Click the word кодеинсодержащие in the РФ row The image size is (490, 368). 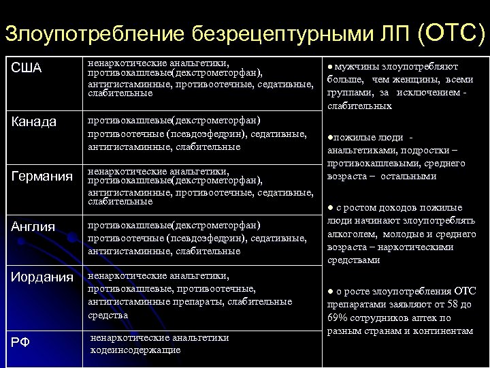(135, 350)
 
